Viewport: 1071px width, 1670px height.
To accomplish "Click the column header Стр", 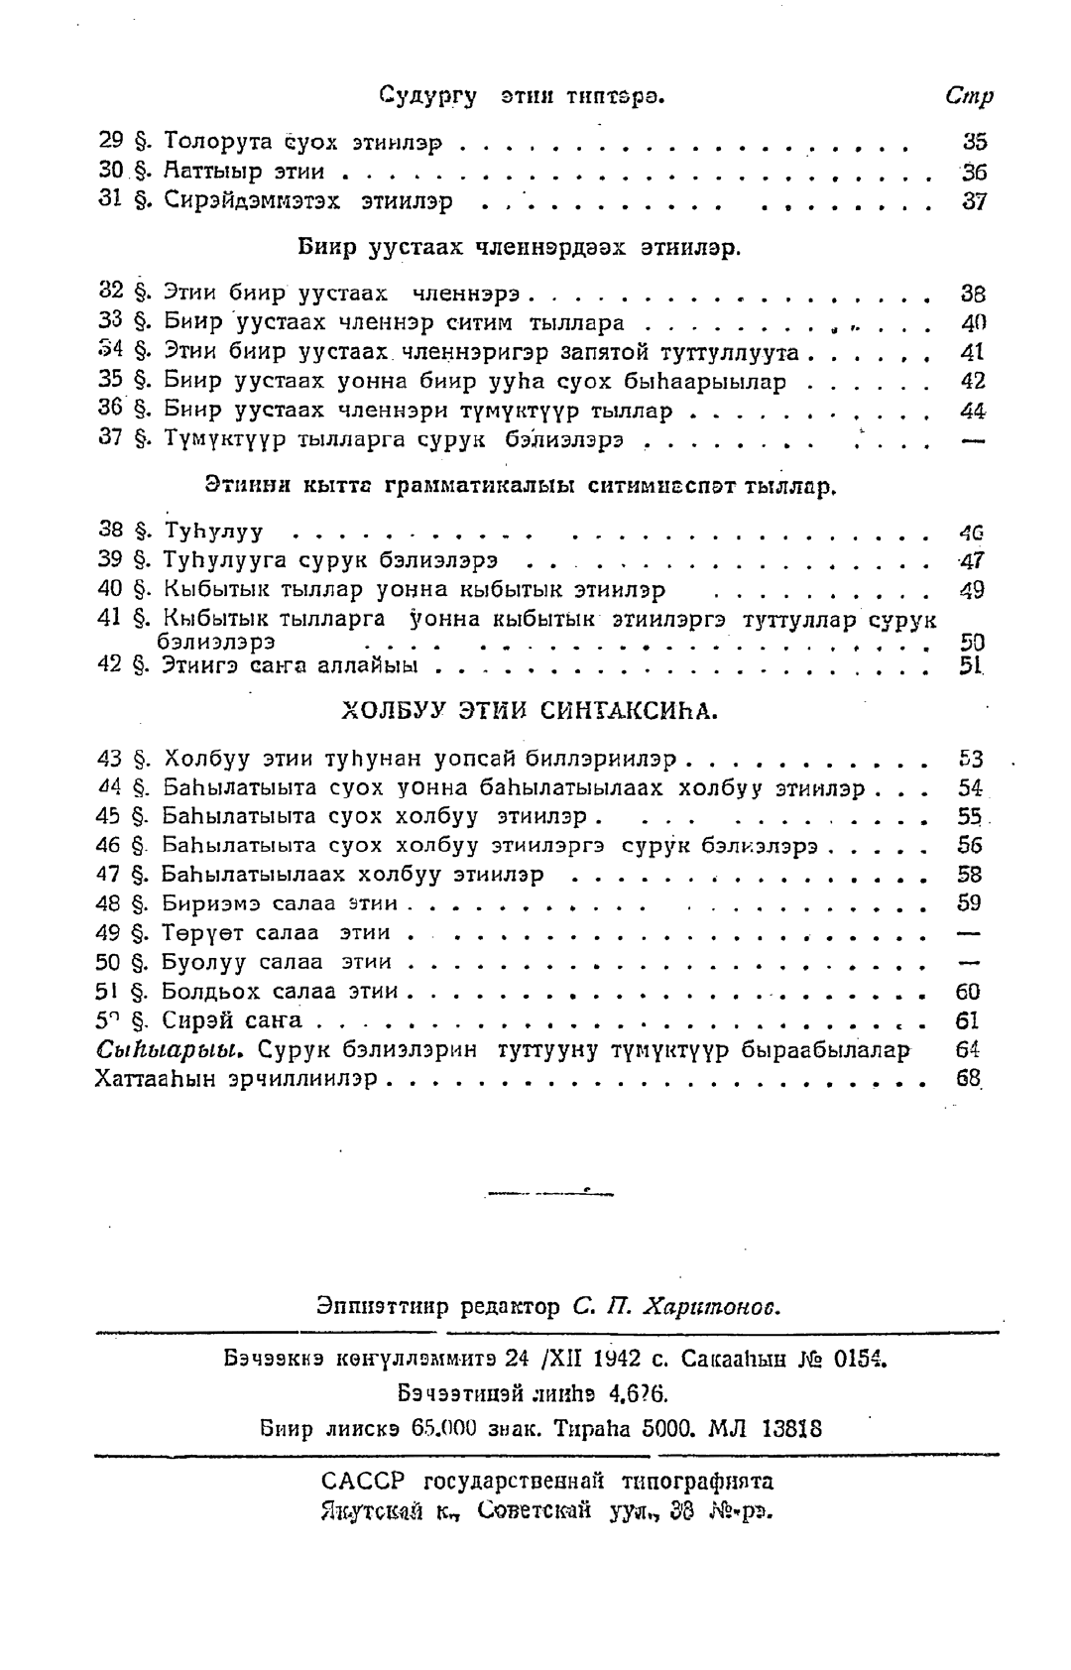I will (969, 96).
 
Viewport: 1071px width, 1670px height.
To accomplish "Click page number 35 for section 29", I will (974, 142).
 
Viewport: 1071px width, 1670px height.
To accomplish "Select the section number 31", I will (111, 200).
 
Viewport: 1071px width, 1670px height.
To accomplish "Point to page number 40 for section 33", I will (974, 322).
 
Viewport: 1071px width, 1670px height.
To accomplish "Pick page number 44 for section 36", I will (973, 411).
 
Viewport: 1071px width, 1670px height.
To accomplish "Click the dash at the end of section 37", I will (973, 440).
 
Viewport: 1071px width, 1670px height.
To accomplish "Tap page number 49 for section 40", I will (972, 590).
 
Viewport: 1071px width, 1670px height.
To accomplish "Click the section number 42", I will (110, 664).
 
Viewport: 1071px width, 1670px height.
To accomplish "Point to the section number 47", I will (109, 875).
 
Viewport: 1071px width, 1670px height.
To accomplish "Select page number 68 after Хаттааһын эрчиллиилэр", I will (969, 1078).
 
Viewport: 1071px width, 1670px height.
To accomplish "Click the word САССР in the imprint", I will (365, 1482).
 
